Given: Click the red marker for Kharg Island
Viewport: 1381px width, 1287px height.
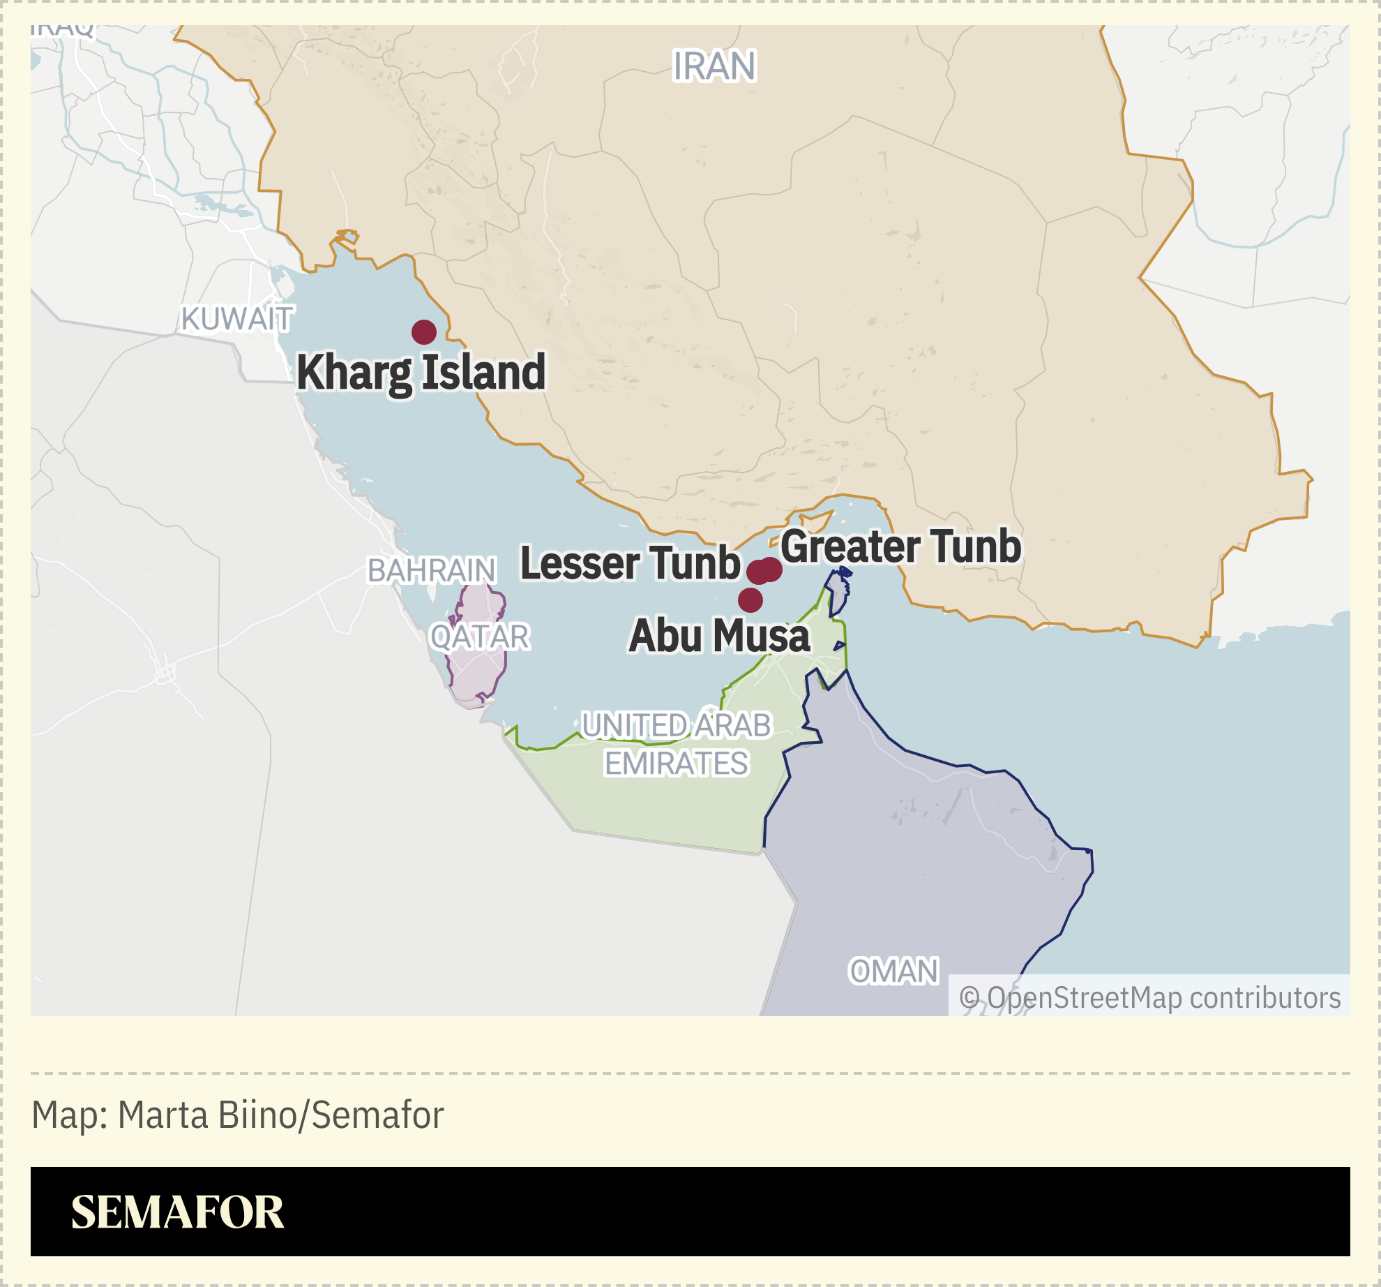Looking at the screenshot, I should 424,332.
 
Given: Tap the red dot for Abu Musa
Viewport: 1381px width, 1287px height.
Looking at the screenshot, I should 750,600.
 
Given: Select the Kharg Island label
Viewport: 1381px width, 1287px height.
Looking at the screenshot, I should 421,373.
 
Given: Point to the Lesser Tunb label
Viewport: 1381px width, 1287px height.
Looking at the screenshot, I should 631,563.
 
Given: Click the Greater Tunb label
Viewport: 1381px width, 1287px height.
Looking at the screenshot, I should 900,546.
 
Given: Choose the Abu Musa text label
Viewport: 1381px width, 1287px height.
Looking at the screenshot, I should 719,636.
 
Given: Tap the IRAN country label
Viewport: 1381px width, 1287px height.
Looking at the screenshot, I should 714,67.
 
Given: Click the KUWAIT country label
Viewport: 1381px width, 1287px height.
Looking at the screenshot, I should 237,319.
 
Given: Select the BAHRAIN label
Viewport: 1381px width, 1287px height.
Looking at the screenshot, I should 432,571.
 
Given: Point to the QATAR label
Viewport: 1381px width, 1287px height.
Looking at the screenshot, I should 480,637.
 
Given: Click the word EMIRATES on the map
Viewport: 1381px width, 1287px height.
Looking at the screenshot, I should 676,764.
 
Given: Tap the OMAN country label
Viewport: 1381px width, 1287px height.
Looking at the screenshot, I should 893,972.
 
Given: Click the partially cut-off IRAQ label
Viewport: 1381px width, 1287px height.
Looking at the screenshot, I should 63,29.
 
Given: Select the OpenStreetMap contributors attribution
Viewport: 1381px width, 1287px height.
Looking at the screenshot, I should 1149,997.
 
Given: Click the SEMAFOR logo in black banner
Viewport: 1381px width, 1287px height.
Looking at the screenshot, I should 178,1212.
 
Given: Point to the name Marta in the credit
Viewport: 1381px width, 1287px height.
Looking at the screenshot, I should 164,1115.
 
